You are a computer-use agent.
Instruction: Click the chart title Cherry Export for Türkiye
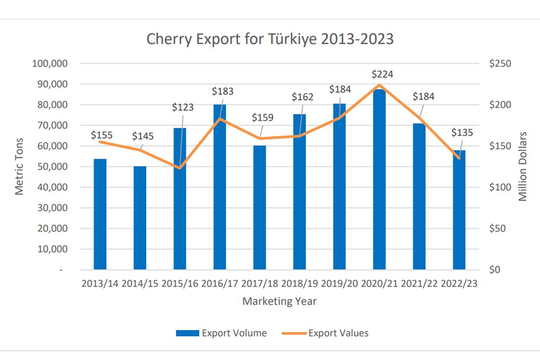pos(270,39)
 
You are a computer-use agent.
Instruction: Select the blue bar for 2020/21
pos(379,180)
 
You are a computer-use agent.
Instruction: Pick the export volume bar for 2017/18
pos(260,207)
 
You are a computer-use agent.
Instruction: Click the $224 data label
pos(379,74)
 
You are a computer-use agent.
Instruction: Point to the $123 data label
pos(183,108)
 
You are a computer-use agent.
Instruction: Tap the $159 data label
pos(262,118)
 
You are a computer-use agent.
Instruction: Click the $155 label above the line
pos(102,135)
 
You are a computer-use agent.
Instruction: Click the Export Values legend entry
pos(325,333)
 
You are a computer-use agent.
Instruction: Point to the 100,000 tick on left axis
pos(50,63)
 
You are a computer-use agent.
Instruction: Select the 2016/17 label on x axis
pos(220,284)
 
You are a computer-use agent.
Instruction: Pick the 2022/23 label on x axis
pos(459,284)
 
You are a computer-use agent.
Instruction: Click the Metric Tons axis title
pos(19,166)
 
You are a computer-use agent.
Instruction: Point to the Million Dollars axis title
pos(523,166)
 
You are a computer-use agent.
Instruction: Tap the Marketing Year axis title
pos(279,301)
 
